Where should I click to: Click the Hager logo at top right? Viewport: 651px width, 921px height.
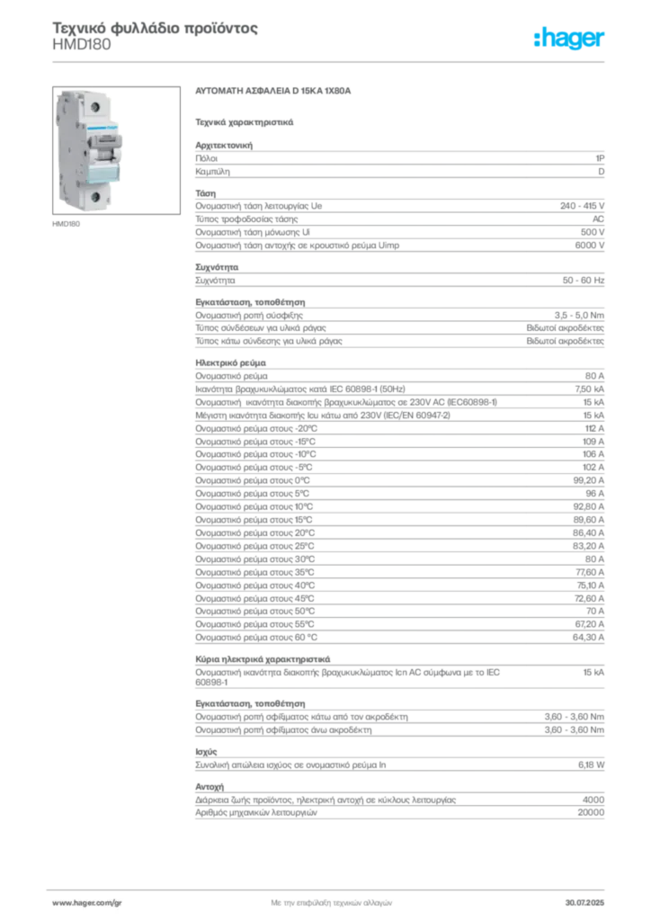click(569, 38)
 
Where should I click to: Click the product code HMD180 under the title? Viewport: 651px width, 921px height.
click(82, 45)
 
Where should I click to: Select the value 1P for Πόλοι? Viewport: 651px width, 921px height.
click(600, 158)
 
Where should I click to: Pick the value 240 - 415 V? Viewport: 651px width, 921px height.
click(582, 206)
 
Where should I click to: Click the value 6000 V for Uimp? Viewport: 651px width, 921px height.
click(589, 246)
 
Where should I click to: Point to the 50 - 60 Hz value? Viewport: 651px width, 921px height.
click(584, 281)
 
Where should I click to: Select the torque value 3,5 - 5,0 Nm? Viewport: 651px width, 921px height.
click(579, 316)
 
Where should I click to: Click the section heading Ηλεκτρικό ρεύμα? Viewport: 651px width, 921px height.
click(231, 363)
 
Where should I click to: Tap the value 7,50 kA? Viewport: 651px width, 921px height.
click(589, 389)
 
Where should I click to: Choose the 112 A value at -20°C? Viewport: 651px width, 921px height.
click(594, 429)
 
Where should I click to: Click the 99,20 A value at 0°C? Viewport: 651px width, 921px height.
click(589, 480)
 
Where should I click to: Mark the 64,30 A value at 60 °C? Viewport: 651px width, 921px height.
click(588, 638)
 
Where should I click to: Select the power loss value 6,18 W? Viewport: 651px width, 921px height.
click(591, 765)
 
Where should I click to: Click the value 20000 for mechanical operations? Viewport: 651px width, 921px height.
click(591, 813)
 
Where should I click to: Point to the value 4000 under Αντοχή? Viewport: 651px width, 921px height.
click(593, 800)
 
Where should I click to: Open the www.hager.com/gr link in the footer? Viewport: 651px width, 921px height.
click(87, 903)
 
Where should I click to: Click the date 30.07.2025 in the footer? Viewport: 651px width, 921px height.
click(584, 903)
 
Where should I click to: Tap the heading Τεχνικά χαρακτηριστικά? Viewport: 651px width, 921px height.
click(245, 122)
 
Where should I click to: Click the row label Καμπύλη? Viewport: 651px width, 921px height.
click(212, 172)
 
